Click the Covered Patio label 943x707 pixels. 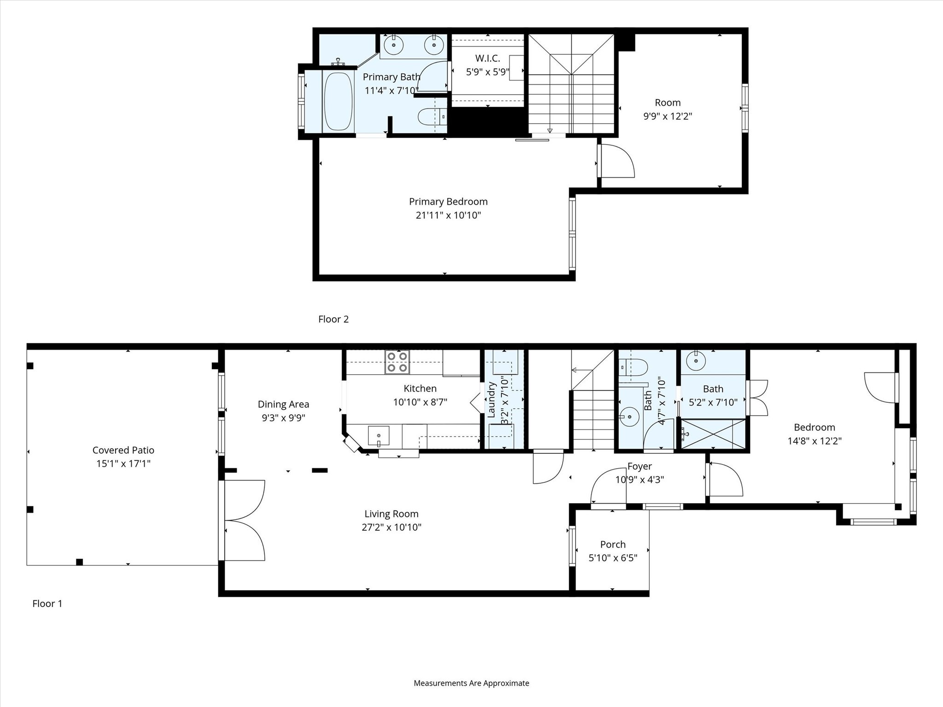[x=123, y=450]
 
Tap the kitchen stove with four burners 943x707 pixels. [x=397, y=362]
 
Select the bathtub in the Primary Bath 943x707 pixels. [x=338, y=101]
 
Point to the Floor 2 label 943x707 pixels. [x=333, y=319]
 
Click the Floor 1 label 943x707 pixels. [x=47, y=603]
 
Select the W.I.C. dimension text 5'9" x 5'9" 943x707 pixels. [x=487, y=72]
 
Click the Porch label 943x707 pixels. [x=612, y=545]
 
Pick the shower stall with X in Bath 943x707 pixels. [x=713, y=434]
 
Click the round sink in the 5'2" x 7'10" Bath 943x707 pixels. [x=695, y=361]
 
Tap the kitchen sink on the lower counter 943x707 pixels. [x=378, y=435]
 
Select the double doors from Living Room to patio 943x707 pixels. [x=244, y=520]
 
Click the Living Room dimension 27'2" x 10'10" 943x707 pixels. [x=391, y=527]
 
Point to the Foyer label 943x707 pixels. [x=640, y=466]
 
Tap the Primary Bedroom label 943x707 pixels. [x=448, y=202]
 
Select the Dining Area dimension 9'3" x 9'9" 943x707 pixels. [x=283, y=418]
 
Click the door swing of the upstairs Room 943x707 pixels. [x=617, y=162]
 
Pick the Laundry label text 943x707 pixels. [x=491, y=399]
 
